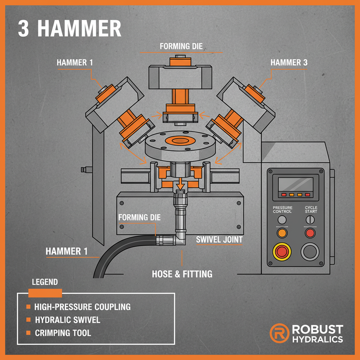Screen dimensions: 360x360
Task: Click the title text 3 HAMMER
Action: click(x=69, y=29)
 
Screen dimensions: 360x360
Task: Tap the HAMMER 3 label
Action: click(x=289, y=63)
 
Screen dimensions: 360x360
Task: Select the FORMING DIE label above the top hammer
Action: click(x=181, y=46)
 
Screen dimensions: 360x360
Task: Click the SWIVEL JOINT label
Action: click(x=219, y=240)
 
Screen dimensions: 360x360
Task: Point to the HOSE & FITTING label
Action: click(x=182, y=274)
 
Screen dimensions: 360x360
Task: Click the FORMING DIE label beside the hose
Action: click(x=139, y=217)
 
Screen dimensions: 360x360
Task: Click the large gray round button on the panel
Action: click(x=310, y=252)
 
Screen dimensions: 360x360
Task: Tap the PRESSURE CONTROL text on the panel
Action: click(x=282, y=210)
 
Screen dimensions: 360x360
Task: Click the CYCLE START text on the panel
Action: click(x=311, y=210)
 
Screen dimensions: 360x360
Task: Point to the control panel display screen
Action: click(x=295, y=185)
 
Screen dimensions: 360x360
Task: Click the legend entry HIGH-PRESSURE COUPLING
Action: click(x=82, y=307)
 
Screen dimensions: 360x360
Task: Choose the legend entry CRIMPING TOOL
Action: click(x=63, y=333)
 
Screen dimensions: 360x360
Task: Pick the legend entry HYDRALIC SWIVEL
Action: click(x=67, y=320)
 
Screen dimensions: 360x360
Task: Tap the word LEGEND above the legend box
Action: click(x=45, y=282)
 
